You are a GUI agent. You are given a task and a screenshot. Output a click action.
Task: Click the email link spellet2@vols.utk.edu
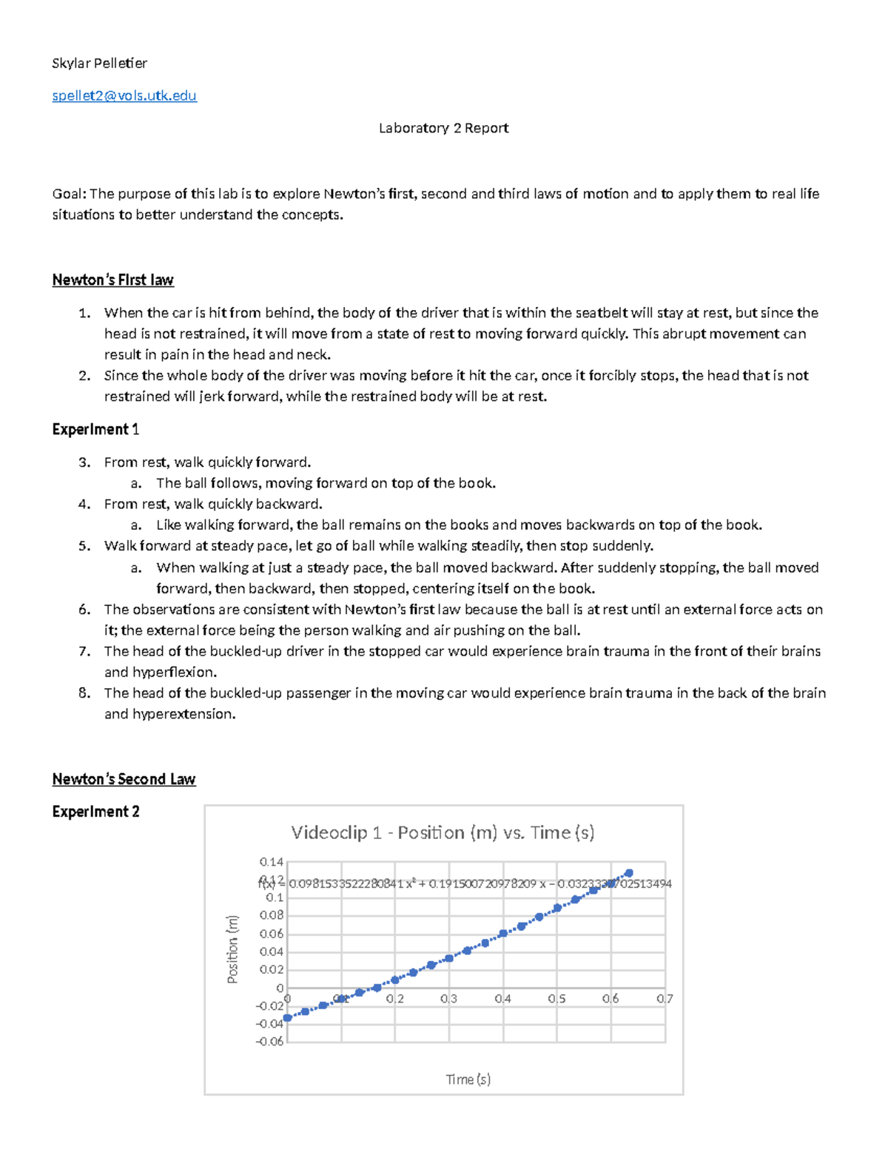[x=124, y=95]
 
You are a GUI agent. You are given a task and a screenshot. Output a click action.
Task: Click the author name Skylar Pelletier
[x=99, y=63]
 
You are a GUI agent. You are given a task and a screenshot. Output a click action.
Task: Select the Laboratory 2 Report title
[x=443, y=128]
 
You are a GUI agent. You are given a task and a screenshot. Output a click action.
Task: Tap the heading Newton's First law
[x=112, y=280]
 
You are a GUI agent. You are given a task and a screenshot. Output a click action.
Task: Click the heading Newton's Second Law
[x=124, y=779]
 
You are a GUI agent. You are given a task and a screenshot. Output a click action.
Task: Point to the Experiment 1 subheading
[x=95, y=429]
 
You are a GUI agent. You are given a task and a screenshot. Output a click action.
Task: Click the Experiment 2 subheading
[x=95, y=812]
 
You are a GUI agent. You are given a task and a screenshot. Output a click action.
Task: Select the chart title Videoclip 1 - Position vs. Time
[x=443, y=832]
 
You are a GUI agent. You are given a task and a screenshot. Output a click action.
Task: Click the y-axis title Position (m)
[x=232, y=949]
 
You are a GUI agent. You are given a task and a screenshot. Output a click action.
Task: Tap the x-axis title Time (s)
[x=468, y=1079]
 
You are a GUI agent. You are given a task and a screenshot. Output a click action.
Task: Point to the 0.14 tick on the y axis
[x=271, y=862]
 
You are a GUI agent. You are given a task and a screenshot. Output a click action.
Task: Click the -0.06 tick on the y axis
[x=269, y=1042]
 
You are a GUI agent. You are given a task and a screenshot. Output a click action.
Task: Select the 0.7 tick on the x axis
[x=665, y=999]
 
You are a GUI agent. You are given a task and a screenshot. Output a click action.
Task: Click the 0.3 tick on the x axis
[x=448, y=999]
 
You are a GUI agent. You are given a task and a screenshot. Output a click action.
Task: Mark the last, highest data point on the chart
[x=629, y=873]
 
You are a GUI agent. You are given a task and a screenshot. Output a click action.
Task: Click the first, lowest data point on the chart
[x=288, y=1018]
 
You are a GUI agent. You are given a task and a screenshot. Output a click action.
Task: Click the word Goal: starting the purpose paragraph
[x=70, y=194]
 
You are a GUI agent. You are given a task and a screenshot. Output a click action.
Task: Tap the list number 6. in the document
[x=84, y=610]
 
